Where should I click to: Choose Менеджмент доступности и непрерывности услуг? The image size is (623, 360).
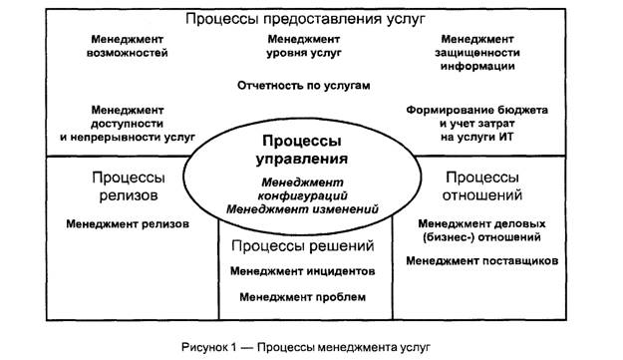click(129, 122)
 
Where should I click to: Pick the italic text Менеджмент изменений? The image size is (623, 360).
click(303, 209)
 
